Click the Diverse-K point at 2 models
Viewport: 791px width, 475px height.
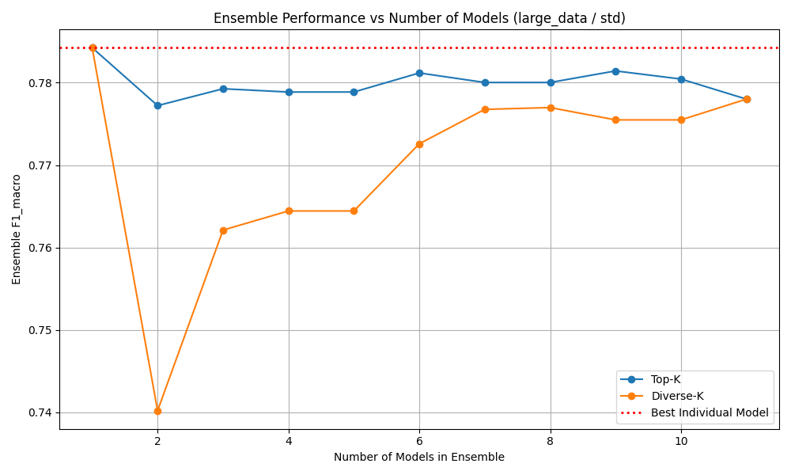click(x=157, y=411)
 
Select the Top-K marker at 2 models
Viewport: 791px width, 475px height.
click(x=157, y=105)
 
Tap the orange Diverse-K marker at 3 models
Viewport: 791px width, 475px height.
click(x=223, y=230)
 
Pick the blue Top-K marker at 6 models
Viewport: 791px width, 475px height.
click(x=419, y=73)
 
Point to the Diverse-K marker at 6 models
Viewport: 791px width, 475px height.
click(x=419, y=144)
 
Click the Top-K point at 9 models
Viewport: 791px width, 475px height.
click(x=615, y=71)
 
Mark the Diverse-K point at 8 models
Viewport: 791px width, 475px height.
click(x=551, y=108)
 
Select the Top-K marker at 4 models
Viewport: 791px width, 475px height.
click(x=289, y=92)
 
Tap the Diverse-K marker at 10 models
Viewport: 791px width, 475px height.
click(x=681, y=120)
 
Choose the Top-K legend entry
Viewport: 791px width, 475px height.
click(x=665, y=379)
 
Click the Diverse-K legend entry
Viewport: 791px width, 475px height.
click(x=676, y=396)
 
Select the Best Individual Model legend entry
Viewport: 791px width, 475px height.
click(x=709, y=412)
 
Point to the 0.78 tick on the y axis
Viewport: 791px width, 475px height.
click(x=40, y=83)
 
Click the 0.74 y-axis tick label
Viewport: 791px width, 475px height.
click(x=40, y=412)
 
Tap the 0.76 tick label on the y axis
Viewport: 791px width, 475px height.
click(x=40, y=248)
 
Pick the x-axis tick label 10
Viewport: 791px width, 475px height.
click(x=681, y=440)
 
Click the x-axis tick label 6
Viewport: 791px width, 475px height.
click(x=419, y=440)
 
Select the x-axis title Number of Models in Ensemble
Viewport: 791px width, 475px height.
click(x=419, y=457)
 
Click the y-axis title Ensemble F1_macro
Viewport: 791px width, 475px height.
click(x=17, y=230)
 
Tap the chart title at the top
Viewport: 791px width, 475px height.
click(x=419, y=18)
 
